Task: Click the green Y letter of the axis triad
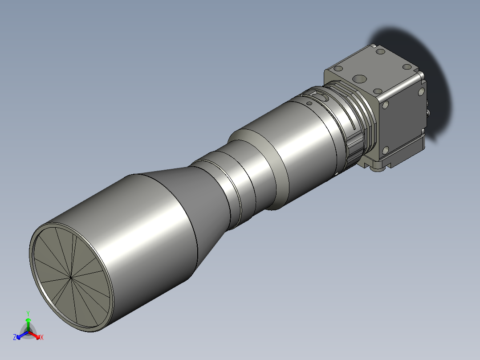pyautogui.click(x=28, y=313)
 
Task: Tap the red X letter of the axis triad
pyautogui.click(x=41, y=338)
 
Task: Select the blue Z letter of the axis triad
pyautogui.click(x=15, y=337)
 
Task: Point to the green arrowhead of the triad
pyautogui.click(x=28, y=320)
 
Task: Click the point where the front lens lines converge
pyautogui.click(x=71, y=278)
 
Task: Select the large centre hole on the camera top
pyautogui.click(x=359, y=79)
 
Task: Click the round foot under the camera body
pyautogui.click(x=379, y=168)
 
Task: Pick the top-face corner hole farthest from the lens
pyautogui.click(x=407, y=67)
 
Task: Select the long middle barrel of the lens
pyautogui.click(x=294, y=151)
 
